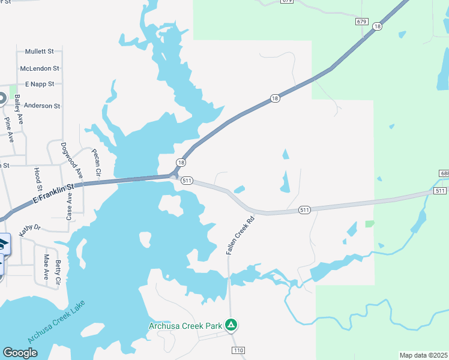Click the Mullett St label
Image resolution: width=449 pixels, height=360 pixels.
[39, 52]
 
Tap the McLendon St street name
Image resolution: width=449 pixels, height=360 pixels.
[40, 69]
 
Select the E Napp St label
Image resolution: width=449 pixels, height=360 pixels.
[40, 84]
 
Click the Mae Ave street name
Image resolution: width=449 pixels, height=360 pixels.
[46, 267]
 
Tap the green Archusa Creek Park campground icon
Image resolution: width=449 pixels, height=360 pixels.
[231, 326]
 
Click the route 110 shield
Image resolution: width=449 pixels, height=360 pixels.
[238, 349]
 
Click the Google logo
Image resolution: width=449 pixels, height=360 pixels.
[20, 353]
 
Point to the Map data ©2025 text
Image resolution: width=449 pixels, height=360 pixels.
[424, 355]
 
